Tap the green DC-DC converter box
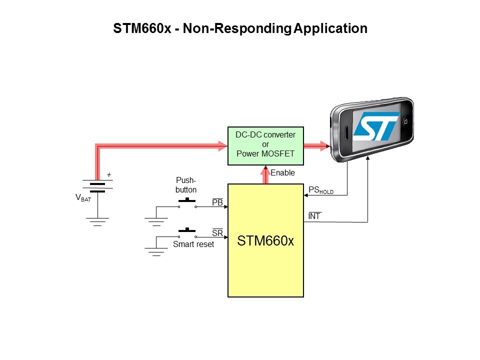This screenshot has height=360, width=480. pos(265,145)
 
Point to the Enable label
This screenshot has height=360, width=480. pos(283,173)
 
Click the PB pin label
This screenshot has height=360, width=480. pos(217,202)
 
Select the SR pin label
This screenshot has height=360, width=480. pos(217,233)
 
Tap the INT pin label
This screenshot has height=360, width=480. pos(314,216)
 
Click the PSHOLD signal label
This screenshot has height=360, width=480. pos(320,190)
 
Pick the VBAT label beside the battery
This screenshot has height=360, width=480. pos(83,198)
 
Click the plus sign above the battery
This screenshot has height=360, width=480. pos(109,175)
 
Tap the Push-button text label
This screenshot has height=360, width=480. pos(186,185)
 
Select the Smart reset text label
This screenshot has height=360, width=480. pos(193,244)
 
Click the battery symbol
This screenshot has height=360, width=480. pos(97,186)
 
